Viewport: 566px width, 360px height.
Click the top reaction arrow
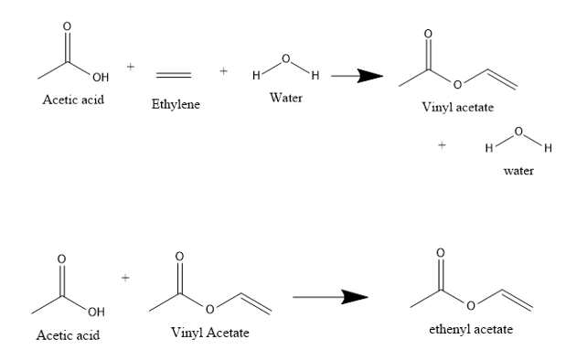(x=356, y=77)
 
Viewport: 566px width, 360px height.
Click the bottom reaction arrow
(x=329, y=296)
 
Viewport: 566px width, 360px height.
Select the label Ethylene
(x=176, y=105)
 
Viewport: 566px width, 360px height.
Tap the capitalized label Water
(x=286, y=97)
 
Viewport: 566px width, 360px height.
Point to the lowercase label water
(x=518, y=171)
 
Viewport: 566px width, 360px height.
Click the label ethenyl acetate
(x=471, y=329)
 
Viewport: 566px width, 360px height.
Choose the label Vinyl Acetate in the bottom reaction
(x=209, y=332)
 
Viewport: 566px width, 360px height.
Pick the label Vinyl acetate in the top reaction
(x=457, y=108)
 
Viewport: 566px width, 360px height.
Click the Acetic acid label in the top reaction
(x=73, y=99)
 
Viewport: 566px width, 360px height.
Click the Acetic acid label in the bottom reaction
(x=68, y=335)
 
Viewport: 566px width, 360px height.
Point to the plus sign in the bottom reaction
(x=125, y=275)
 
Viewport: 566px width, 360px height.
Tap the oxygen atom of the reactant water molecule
(x=286, y=60)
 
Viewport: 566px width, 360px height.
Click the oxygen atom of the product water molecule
(x=519, y=133)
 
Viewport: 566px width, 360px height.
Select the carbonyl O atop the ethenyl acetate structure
(x=441, y=250)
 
